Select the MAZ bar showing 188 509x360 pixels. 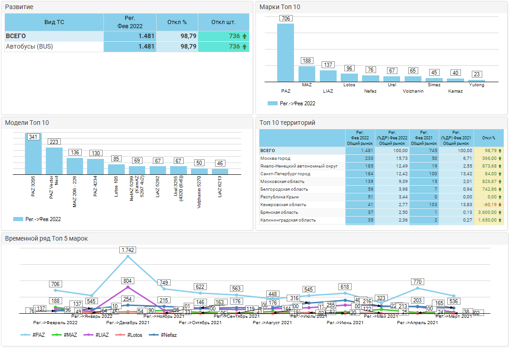point(307,74)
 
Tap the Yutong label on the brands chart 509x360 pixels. point(476,85)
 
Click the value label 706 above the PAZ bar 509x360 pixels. point(286,19)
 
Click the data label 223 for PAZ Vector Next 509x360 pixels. point(54,142)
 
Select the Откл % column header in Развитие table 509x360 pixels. point(177,22)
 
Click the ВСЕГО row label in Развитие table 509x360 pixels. point(16,36)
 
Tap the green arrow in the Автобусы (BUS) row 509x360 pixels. point(245,46)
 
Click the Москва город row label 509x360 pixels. point(275,158)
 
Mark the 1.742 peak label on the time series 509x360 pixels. point(128,250)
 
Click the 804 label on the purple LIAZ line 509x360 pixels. point(128,281)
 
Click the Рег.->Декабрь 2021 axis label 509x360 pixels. point(128,323)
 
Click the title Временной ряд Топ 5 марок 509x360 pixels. point(46,238)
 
